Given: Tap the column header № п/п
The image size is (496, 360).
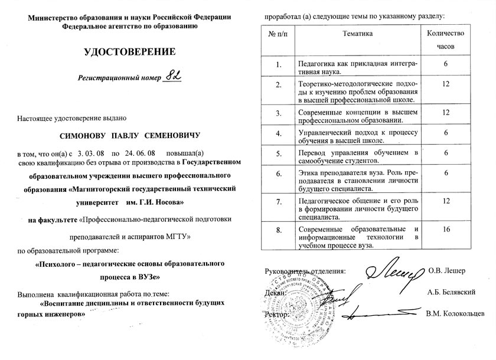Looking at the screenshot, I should (279, 34).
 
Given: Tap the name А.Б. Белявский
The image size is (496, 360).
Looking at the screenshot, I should (452, 292).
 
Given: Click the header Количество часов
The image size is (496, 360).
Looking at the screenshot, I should (446, 40).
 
